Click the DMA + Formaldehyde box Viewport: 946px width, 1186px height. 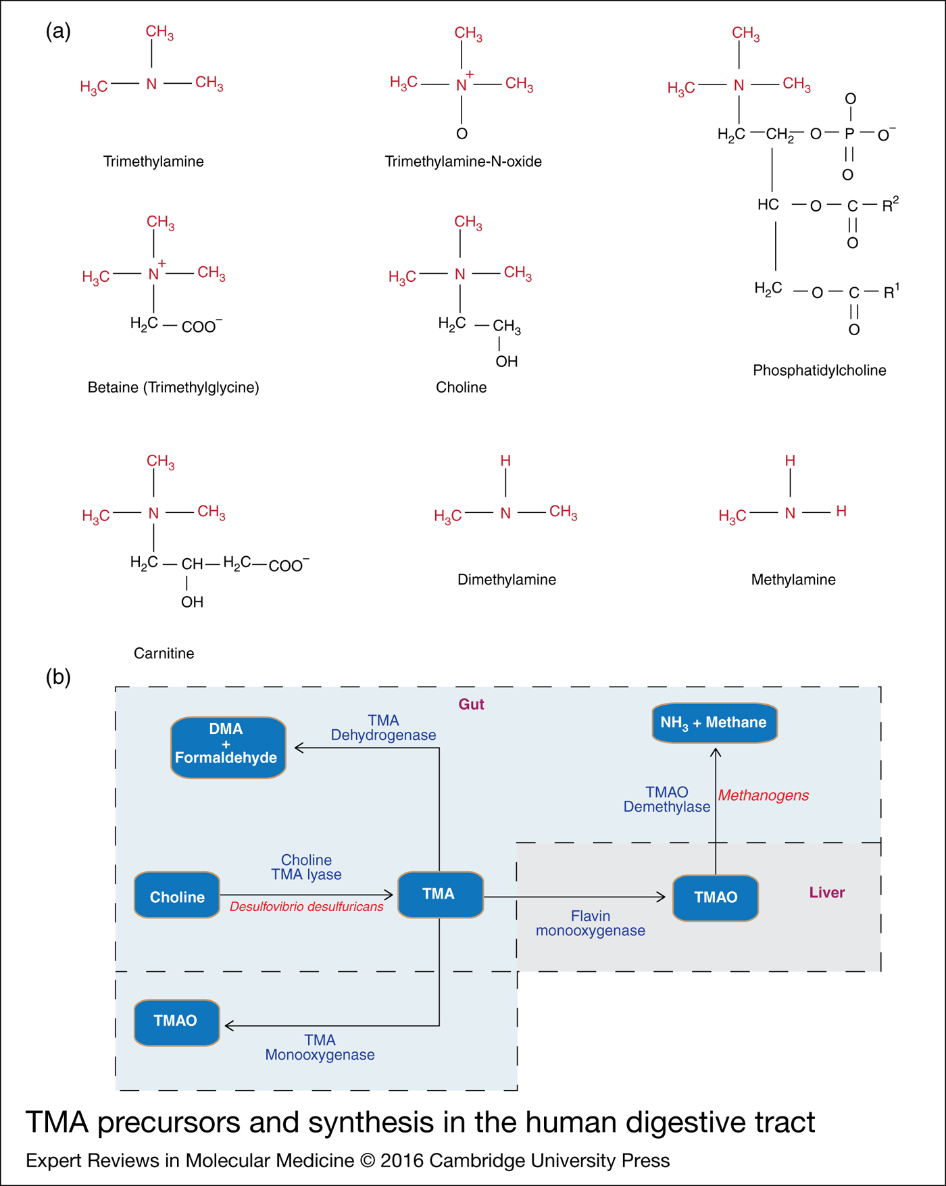coord(228,747)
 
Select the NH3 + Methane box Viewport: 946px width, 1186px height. coord(714,722)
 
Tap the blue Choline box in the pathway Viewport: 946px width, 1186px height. coord(177,896)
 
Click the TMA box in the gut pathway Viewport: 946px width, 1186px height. coord(440,894)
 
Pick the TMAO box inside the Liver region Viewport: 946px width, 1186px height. coord(716,897)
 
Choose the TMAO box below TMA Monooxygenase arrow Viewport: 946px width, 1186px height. coord(176,1021)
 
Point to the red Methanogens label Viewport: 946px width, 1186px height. coord(764,795)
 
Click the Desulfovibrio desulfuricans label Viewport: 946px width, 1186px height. coord(306,907)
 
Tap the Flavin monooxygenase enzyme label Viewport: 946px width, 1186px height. coord(590,923)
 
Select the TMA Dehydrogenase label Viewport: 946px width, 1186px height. coord(383,728)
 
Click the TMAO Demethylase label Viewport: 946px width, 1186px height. coord(666,799)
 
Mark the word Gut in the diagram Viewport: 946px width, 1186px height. coord(471,704)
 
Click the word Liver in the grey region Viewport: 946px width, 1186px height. coord(826,893)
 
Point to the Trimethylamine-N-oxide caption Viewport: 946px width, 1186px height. coord(463,162)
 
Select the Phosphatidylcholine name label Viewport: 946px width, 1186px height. coord(819,370)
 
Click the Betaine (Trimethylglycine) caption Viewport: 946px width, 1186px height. coord(173,387)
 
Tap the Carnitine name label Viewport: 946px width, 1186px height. coord(164,653)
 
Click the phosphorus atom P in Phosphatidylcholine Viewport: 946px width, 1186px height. coord(849,134)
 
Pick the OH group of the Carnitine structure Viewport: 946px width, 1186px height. coord(192,602)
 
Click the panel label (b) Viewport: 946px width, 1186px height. coord(58,676)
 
